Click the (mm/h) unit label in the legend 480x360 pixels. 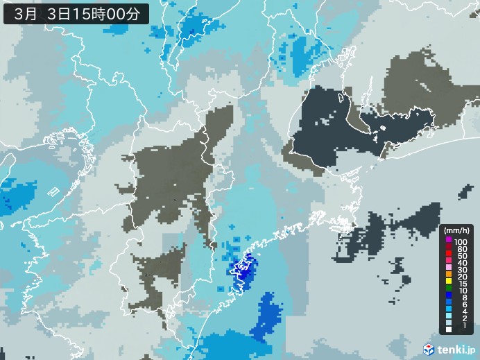pyautogui.click(x=457, y=230)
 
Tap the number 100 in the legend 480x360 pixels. pyautogui.click(x=462, y=240)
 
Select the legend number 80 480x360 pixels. pyautogui.click(x=462, y=248)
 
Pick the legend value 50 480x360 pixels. pyautogui.click(x=462, y=256)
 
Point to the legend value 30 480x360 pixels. pyautogui.click(x=462, y=271)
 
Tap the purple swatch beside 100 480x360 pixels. pyautogui.click(x=449, y=240)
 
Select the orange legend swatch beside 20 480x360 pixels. pyautogui.click(x=449, y=279)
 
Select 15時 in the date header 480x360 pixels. pyautogui.click(x=92, y=12)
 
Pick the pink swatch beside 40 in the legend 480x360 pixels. pyautogui.click(x=449, y=264)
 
